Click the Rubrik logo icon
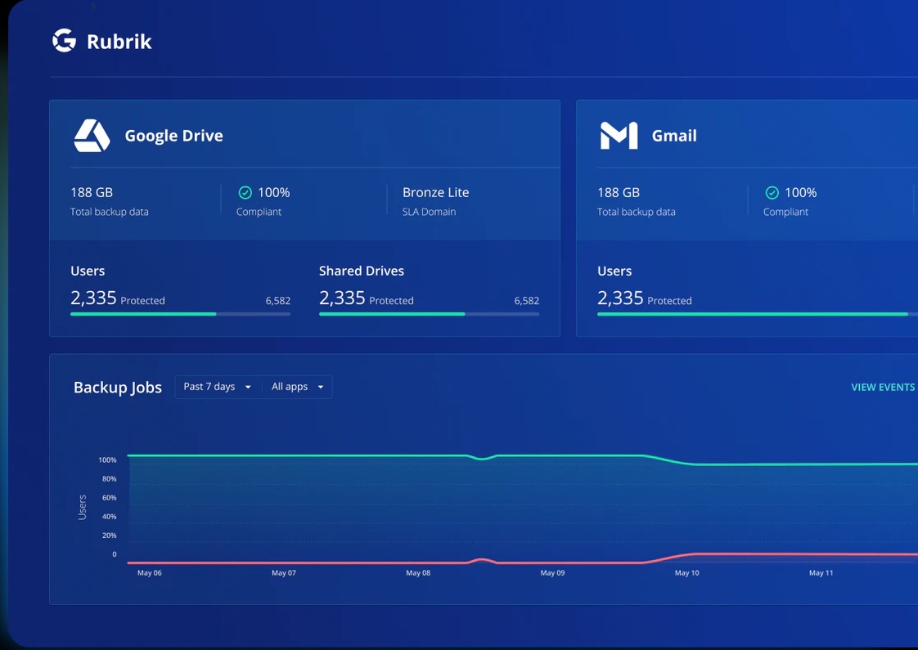tap(64, 41)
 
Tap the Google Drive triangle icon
tap(92, 136)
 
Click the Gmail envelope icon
tap(619, 136)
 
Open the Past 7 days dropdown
tap(218, 387)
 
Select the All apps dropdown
tap(297, 387)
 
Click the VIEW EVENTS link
tap(883, 388)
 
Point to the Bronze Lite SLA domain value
tap(435, 193)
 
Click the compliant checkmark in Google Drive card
tap(245, 193)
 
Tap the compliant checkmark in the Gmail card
tap(772, 193)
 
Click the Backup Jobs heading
tap(118, 388)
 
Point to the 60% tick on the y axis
tap(109, 498)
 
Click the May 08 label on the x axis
tap(418, 573)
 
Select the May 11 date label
tap(821, 573)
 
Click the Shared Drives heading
tap(361, 271)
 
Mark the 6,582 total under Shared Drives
tap(526, 301)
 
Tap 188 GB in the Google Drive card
tap(92, 193)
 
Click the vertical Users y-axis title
tap(82, 507)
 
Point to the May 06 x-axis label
tap(150, 573)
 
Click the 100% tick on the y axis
tap(107, 460)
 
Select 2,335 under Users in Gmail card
tap(620, 298)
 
